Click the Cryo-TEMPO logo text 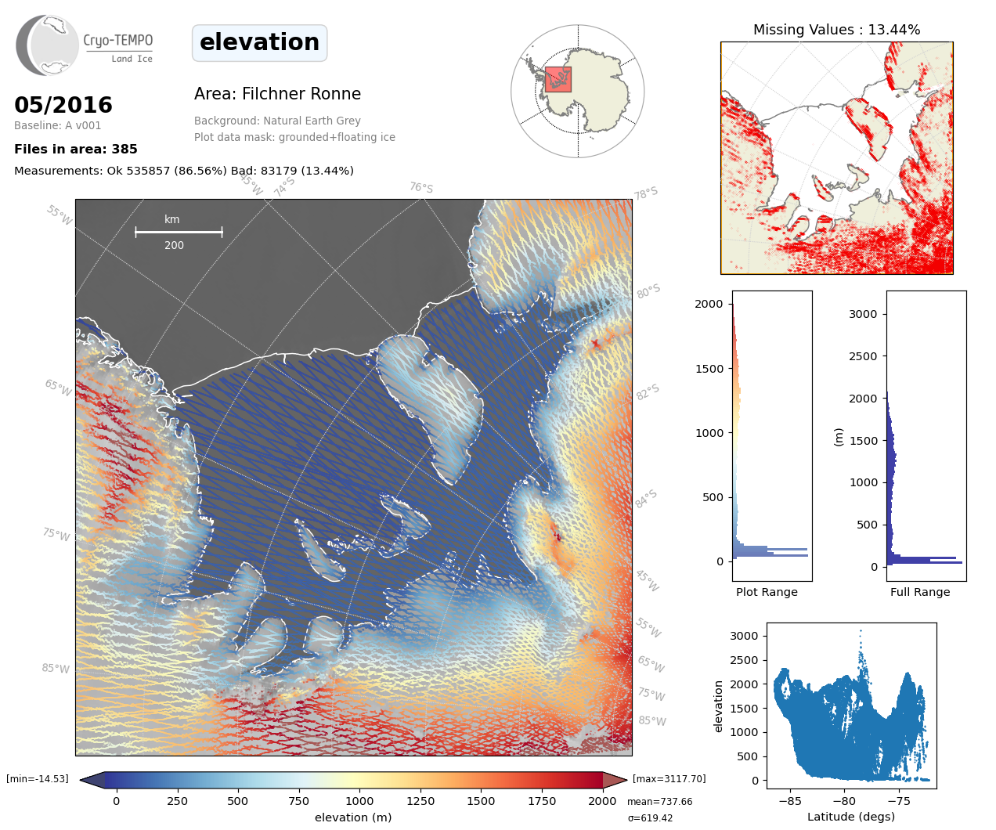[117, 41]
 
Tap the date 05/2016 [63, 105]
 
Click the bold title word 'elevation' [259, 42]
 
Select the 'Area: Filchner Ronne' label [277, 94]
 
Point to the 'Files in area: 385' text [76, 149]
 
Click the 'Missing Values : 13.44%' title [836, 30]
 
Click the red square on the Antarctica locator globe [558, 79]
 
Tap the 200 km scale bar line [179, 232]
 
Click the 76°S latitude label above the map [421, 188]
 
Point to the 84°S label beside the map [646, 499]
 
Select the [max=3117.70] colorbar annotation [669, 779]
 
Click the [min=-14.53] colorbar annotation [38, 779]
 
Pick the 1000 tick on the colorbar [359, 801]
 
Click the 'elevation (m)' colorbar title [353, 817]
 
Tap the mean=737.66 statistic [659, 802]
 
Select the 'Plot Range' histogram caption [767, 592]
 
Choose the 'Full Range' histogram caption [920, 592]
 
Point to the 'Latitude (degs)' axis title [851, 817]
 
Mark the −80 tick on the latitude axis [844, 801]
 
